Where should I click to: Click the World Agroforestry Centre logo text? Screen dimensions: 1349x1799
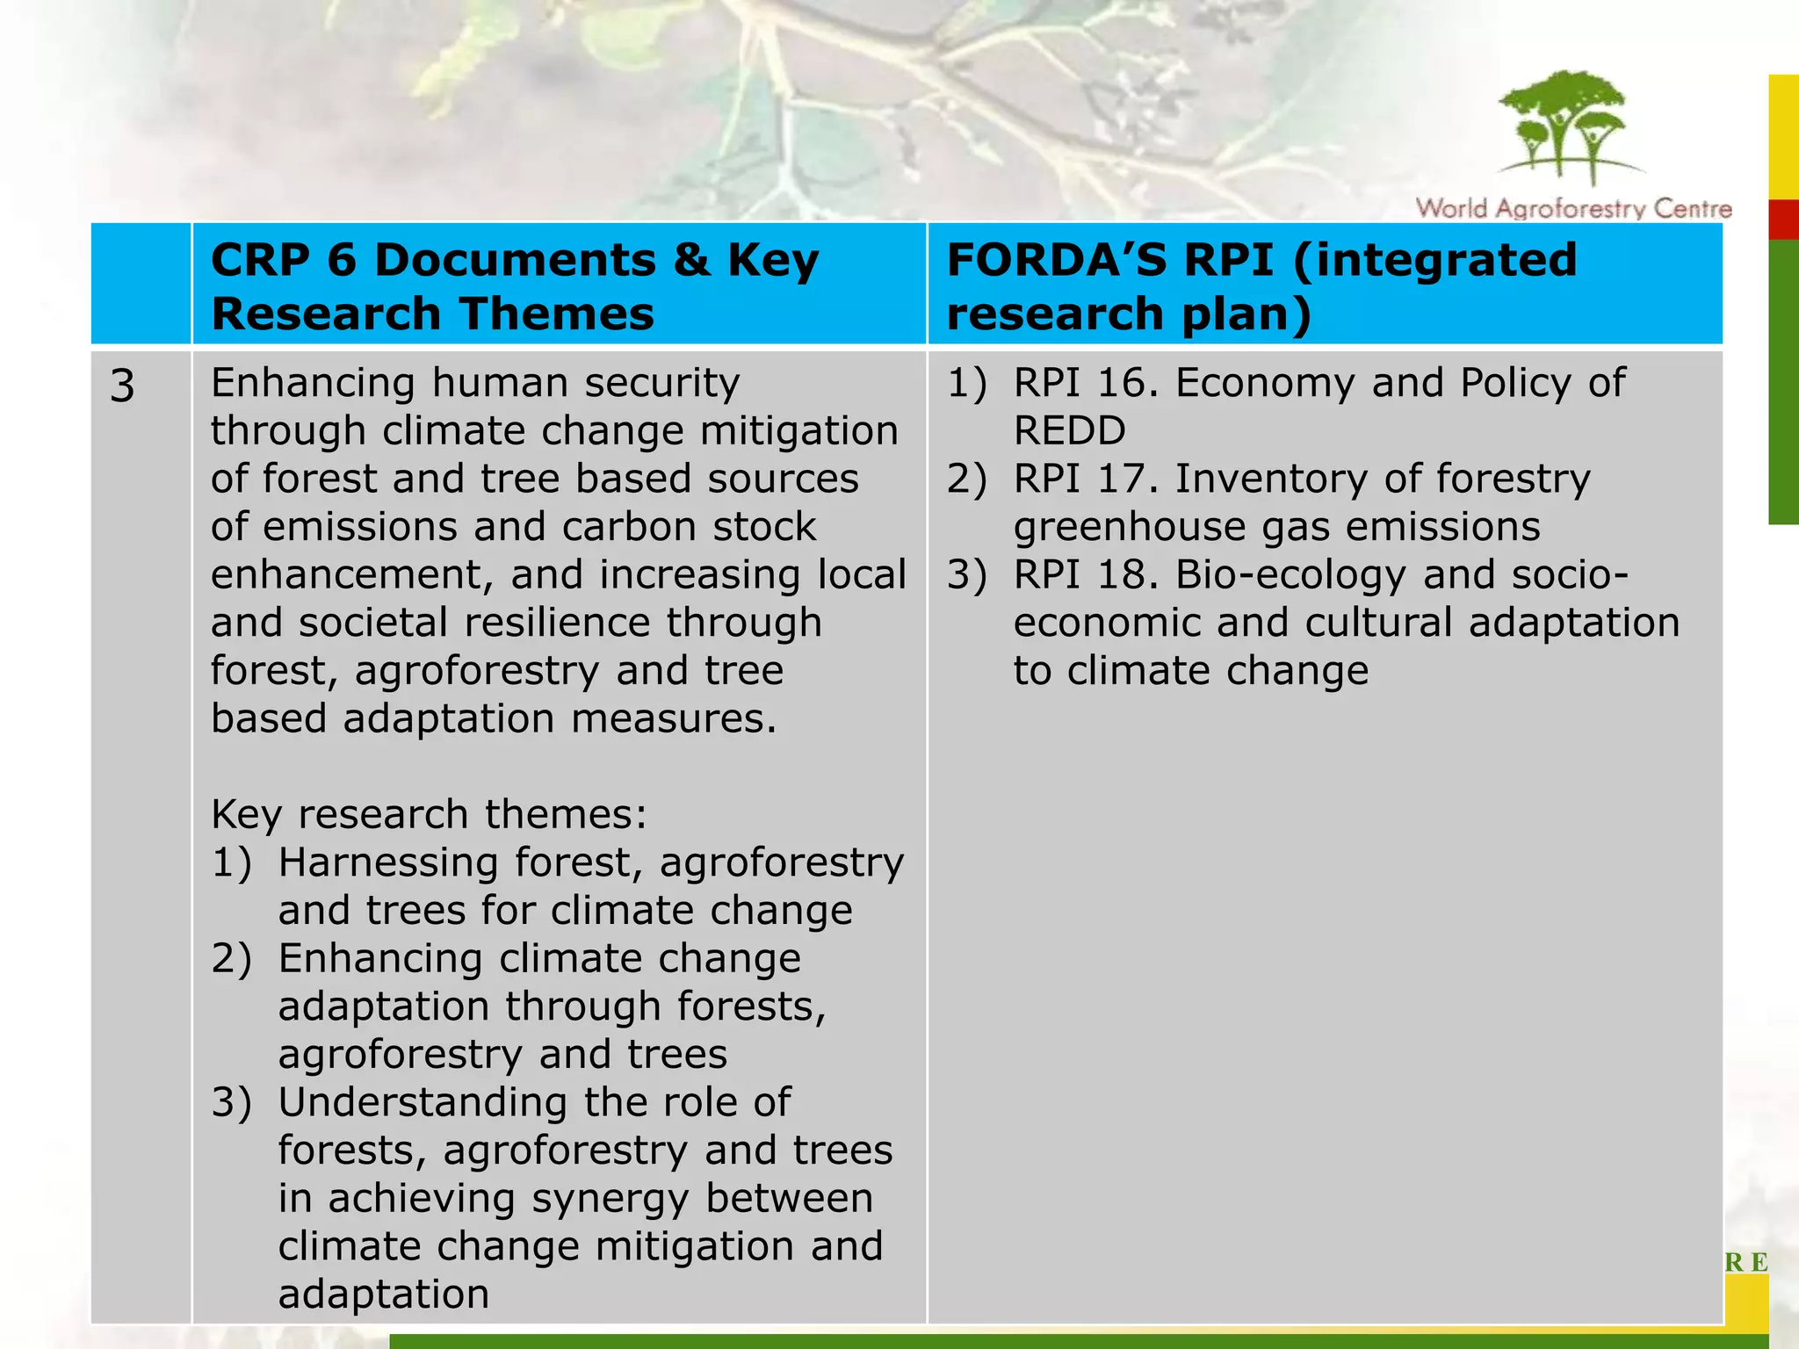coord(1573,209)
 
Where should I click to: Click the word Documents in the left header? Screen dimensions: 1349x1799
coord(515,260)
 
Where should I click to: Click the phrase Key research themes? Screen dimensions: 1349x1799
coord(429,814)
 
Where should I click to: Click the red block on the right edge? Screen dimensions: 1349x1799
coord(1784,220)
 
